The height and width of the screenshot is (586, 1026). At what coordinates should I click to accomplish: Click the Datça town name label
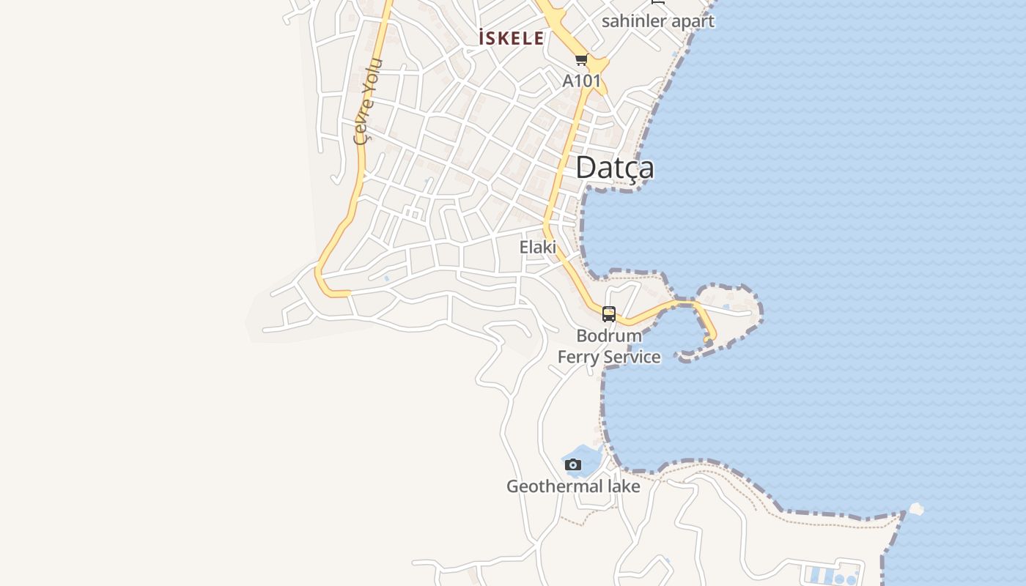coord(614,167)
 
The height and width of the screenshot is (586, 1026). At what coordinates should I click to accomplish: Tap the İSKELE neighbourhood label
coord(511,38)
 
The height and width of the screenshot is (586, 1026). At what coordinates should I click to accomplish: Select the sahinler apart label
coord(657,21)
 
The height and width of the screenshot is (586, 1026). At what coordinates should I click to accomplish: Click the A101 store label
coord(581,81)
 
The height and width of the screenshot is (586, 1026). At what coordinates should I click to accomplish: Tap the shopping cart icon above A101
coord(581,59)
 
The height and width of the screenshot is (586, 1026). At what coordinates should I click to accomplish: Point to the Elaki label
coord(537,248)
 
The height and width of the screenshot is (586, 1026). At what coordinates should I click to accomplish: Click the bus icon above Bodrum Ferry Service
coord(608,314)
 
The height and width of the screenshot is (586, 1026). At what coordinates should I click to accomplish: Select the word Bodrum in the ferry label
coord(608,336)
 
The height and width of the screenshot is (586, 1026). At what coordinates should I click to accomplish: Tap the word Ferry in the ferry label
coord(579,357)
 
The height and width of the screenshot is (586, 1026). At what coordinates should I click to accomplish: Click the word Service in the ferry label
coord(632,357)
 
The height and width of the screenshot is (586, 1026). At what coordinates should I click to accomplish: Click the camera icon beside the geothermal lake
coord(573,464)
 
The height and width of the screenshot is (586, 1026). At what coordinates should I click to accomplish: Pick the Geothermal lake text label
coord(573,486)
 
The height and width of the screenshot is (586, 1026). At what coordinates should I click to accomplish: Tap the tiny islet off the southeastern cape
coord(916,508)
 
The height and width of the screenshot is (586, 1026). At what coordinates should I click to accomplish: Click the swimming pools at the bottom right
coord(833,575)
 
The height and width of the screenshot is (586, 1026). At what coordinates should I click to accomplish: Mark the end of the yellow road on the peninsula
coord(709,339)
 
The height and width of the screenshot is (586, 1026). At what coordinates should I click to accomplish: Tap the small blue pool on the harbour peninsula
coord(726,307)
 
